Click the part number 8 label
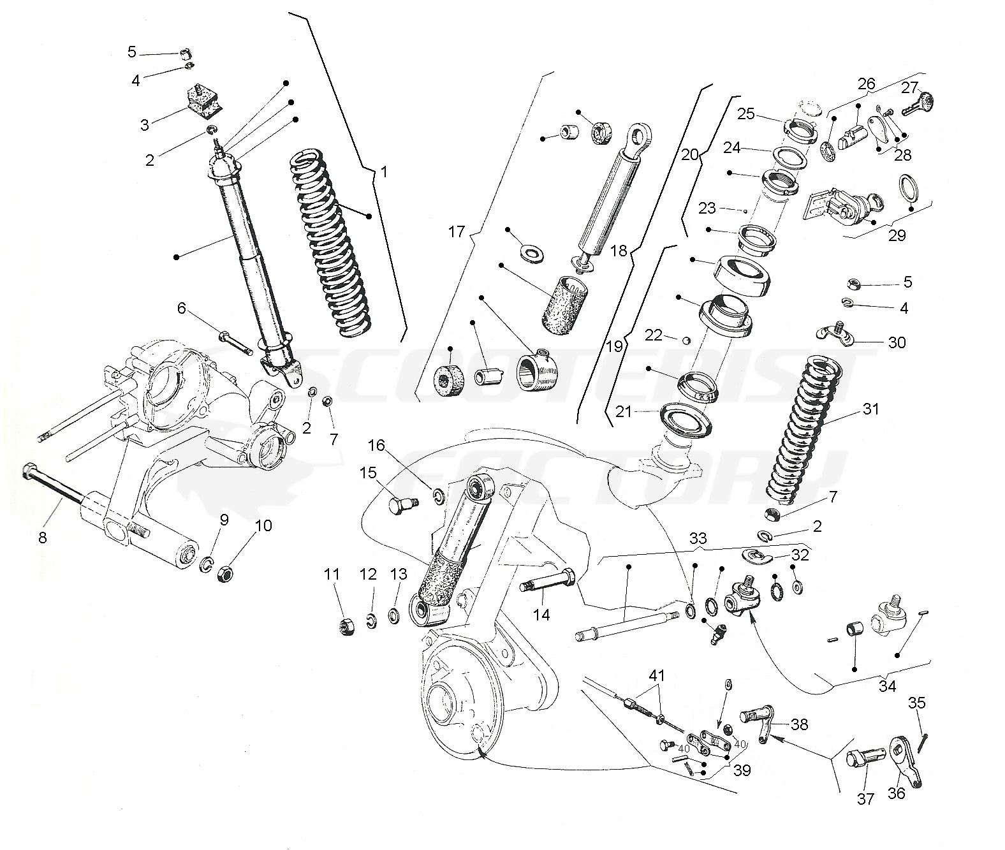pyautogui.click(x=43, y=537)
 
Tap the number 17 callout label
pyautogui.click(x=457, y=231)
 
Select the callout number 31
pyautogui.click(x=870, y=409)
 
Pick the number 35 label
pyautogui.click(x=917, y=703)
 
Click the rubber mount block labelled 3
pyautogui.click(x=202, y=101)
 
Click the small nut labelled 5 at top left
pyautogui.click(x=187, y=53)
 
